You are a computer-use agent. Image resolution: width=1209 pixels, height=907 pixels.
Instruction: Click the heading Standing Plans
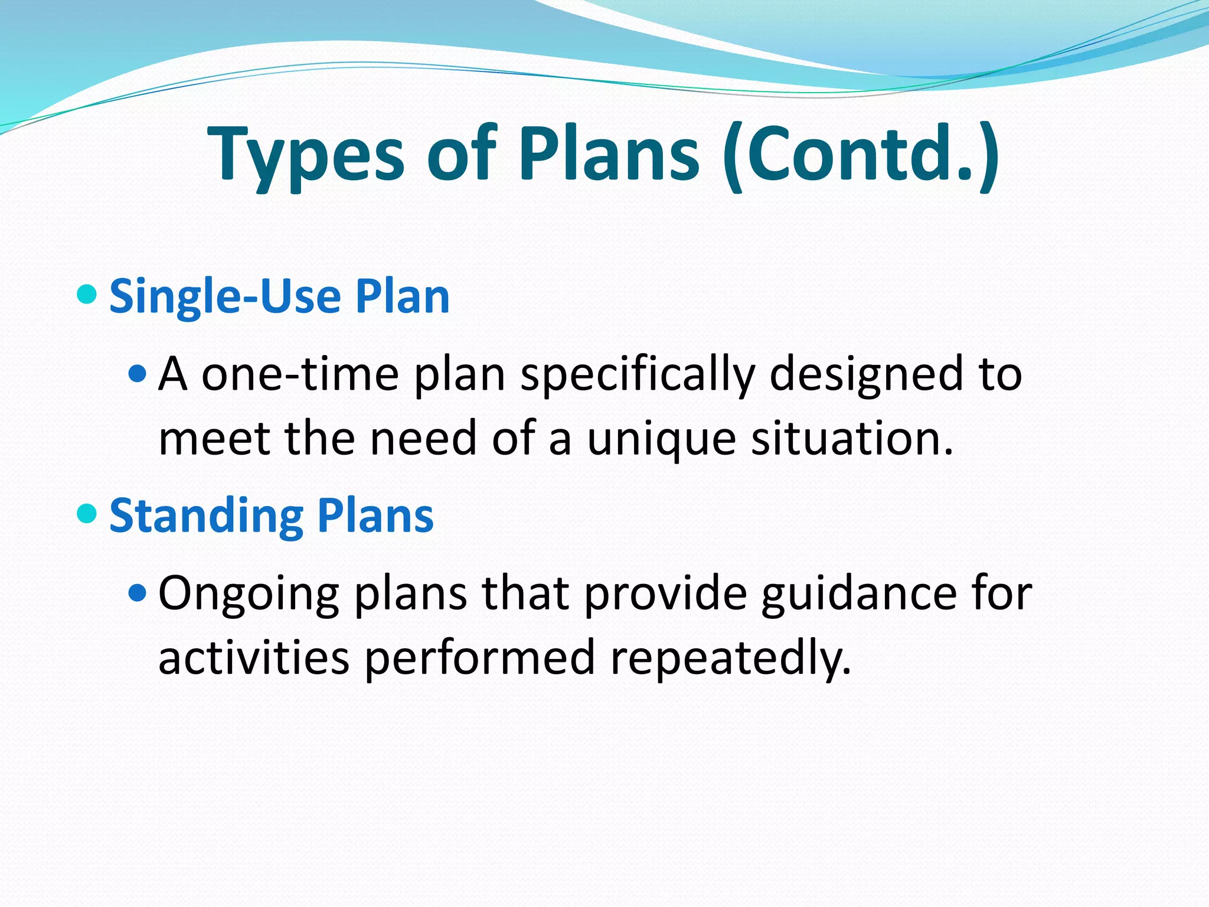[x=272, y=516]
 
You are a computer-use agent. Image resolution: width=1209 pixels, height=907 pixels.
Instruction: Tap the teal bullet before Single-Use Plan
[x=87, y=293]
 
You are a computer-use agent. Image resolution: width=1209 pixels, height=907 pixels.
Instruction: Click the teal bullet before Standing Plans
[x=87, y=513]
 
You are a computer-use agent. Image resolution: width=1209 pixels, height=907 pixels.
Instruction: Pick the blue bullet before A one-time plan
[x=137, y=373]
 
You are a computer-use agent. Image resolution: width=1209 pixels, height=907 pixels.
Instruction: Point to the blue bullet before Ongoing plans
[x=137, y=592]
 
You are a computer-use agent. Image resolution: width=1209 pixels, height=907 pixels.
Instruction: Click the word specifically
[x=638, y=374]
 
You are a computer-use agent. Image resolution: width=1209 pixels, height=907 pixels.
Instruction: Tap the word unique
[x=661, y=440]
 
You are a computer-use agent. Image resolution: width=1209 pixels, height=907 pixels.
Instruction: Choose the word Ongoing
[x=249, y=594]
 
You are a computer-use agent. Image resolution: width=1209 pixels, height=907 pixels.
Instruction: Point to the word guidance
[x=859, y=593]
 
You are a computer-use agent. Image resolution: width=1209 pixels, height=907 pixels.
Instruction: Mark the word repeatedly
[x=731, y=658]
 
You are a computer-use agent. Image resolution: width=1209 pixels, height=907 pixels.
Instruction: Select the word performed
[x=479, y=658]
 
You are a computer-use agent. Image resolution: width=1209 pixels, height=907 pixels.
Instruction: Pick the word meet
[x=214, y=439]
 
